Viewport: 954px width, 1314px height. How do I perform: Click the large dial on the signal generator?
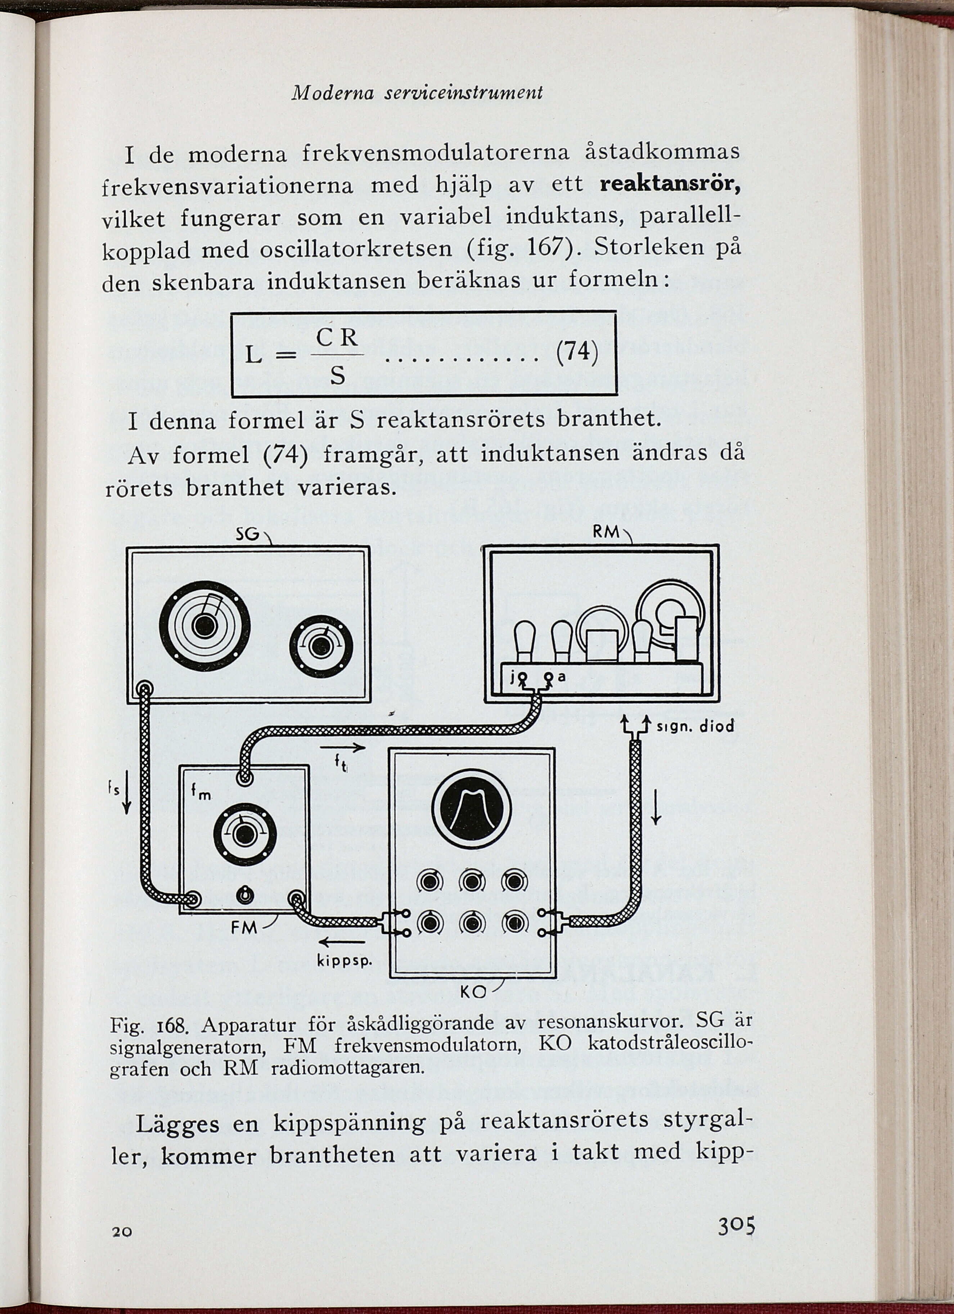click(x=205, y=625)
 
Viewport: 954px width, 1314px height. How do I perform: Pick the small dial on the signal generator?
click(x=321, y=645)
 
